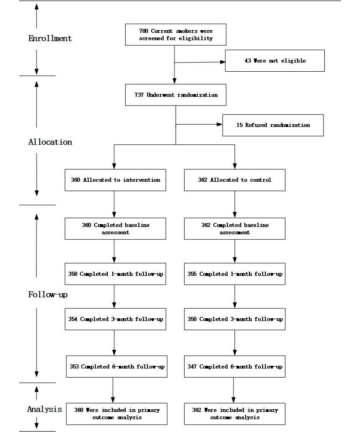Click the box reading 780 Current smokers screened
point(175,35)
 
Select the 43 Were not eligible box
point(275,61)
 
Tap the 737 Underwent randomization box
point(175,95)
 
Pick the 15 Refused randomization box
point(273,125)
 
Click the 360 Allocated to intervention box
point(115,180)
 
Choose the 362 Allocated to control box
point(234,180)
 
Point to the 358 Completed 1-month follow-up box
point(115,274)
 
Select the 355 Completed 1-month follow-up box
point(234,274)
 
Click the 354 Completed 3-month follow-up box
point(115,319)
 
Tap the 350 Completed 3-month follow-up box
point(234,319)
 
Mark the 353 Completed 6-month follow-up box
point(116,367)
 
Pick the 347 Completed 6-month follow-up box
point(234,367)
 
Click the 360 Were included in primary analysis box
point(116,414)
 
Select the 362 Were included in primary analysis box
point(234,414)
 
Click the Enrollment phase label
point(50,38)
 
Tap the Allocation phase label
point(50,142)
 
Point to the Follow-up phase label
point(48,295)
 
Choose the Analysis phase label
point(44,409)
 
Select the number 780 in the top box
point(144,31)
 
